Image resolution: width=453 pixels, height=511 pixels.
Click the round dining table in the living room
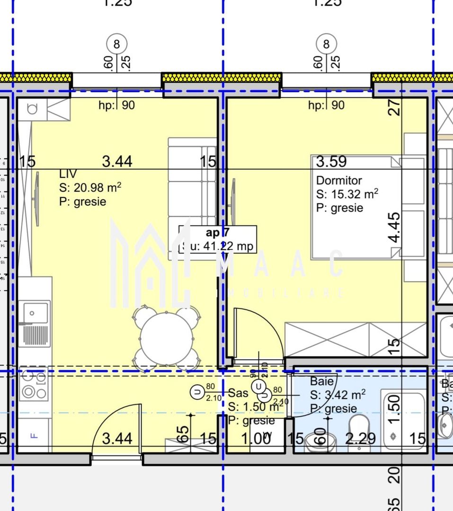point(166,338)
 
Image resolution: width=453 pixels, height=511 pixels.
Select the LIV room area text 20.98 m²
point(90,188)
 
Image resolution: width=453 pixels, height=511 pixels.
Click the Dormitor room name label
point(339,180)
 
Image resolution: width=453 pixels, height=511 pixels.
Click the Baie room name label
point(322,381)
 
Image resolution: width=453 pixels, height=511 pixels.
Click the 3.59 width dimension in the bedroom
point(331,162)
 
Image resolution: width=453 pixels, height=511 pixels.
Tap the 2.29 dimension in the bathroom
point(360,439)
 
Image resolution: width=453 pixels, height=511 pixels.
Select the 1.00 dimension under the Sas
point(256,439)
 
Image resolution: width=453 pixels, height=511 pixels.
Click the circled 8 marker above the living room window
point(116,44)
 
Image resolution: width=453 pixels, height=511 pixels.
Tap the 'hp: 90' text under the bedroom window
point(326,105)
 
